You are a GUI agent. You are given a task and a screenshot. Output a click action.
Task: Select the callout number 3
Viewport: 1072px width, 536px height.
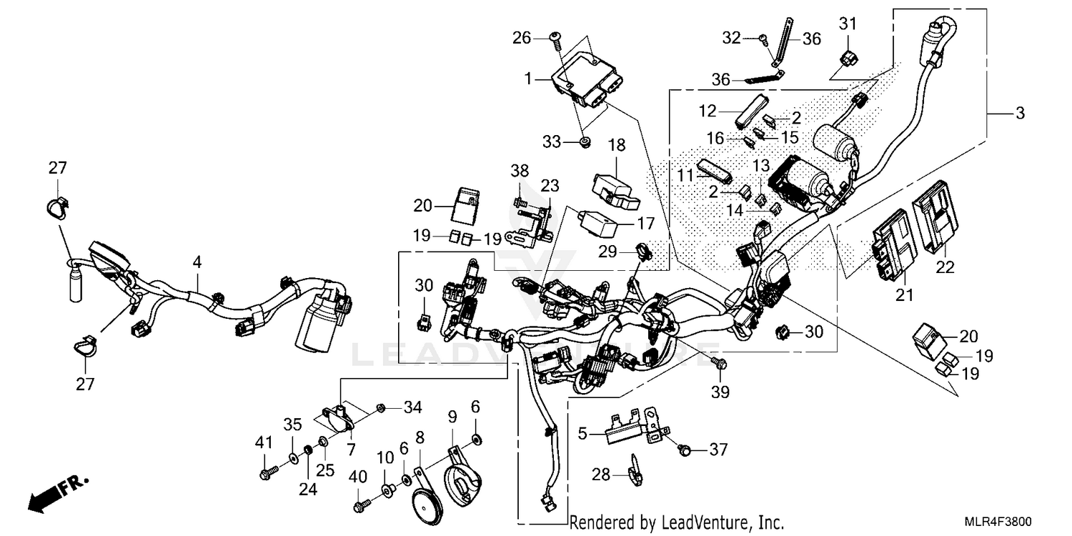(x=1020, y=113)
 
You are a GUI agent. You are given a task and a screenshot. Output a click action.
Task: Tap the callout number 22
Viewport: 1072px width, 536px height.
(x=945, y=268)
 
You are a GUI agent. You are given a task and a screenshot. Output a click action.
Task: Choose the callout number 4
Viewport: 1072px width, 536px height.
(x=196, y=263)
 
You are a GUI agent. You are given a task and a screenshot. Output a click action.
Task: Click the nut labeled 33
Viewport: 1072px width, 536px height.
(x=585, y=144)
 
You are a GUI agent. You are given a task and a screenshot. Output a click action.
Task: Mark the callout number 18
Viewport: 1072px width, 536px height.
(x=617, y=146)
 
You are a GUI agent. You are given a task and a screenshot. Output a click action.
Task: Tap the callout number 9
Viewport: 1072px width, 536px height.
(x=452, y=416)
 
